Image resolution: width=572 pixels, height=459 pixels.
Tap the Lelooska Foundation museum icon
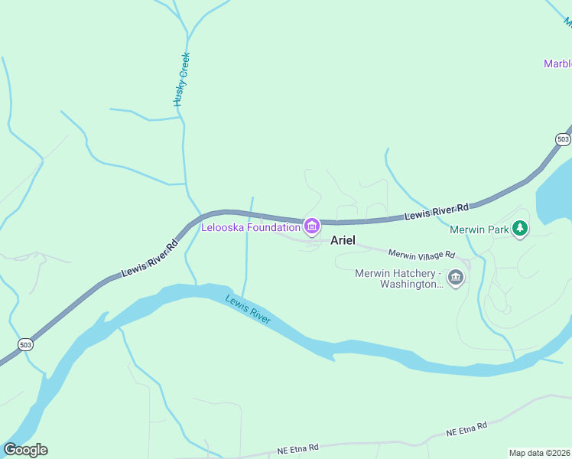(x=311, y=226)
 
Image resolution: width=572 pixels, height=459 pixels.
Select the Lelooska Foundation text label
(x=251, y=227)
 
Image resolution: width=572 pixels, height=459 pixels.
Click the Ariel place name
(x=343, y=240)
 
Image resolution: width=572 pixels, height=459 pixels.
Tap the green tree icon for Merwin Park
(x=520, y=228)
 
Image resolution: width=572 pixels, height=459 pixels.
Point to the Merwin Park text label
(x=479, y=229)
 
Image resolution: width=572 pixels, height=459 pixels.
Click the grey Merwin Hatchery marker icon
(x=456, y=278)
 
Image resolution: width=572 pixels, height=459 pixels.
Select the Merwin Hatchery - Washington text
(x=398, y=278)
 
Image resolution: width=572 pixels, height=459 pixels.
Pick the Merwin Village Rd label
(x=421, y=254)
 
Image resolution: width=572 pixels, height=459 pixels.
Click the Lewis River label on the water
(x=248, y=308)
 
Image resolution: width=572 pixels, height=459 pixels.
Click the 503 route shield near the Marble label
(x=563, y=139)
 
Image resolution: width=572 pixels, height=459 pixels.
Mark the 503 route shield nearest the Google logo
(x=26, y=344)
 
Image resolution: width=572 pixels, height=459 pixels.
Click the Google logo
(x=25, y=450)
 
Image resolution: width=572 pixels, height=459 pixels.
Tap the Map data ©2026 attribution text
(x=540, y=453)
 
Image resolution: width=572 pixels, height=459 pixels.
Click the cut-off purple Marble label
(x=557, y=63)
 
